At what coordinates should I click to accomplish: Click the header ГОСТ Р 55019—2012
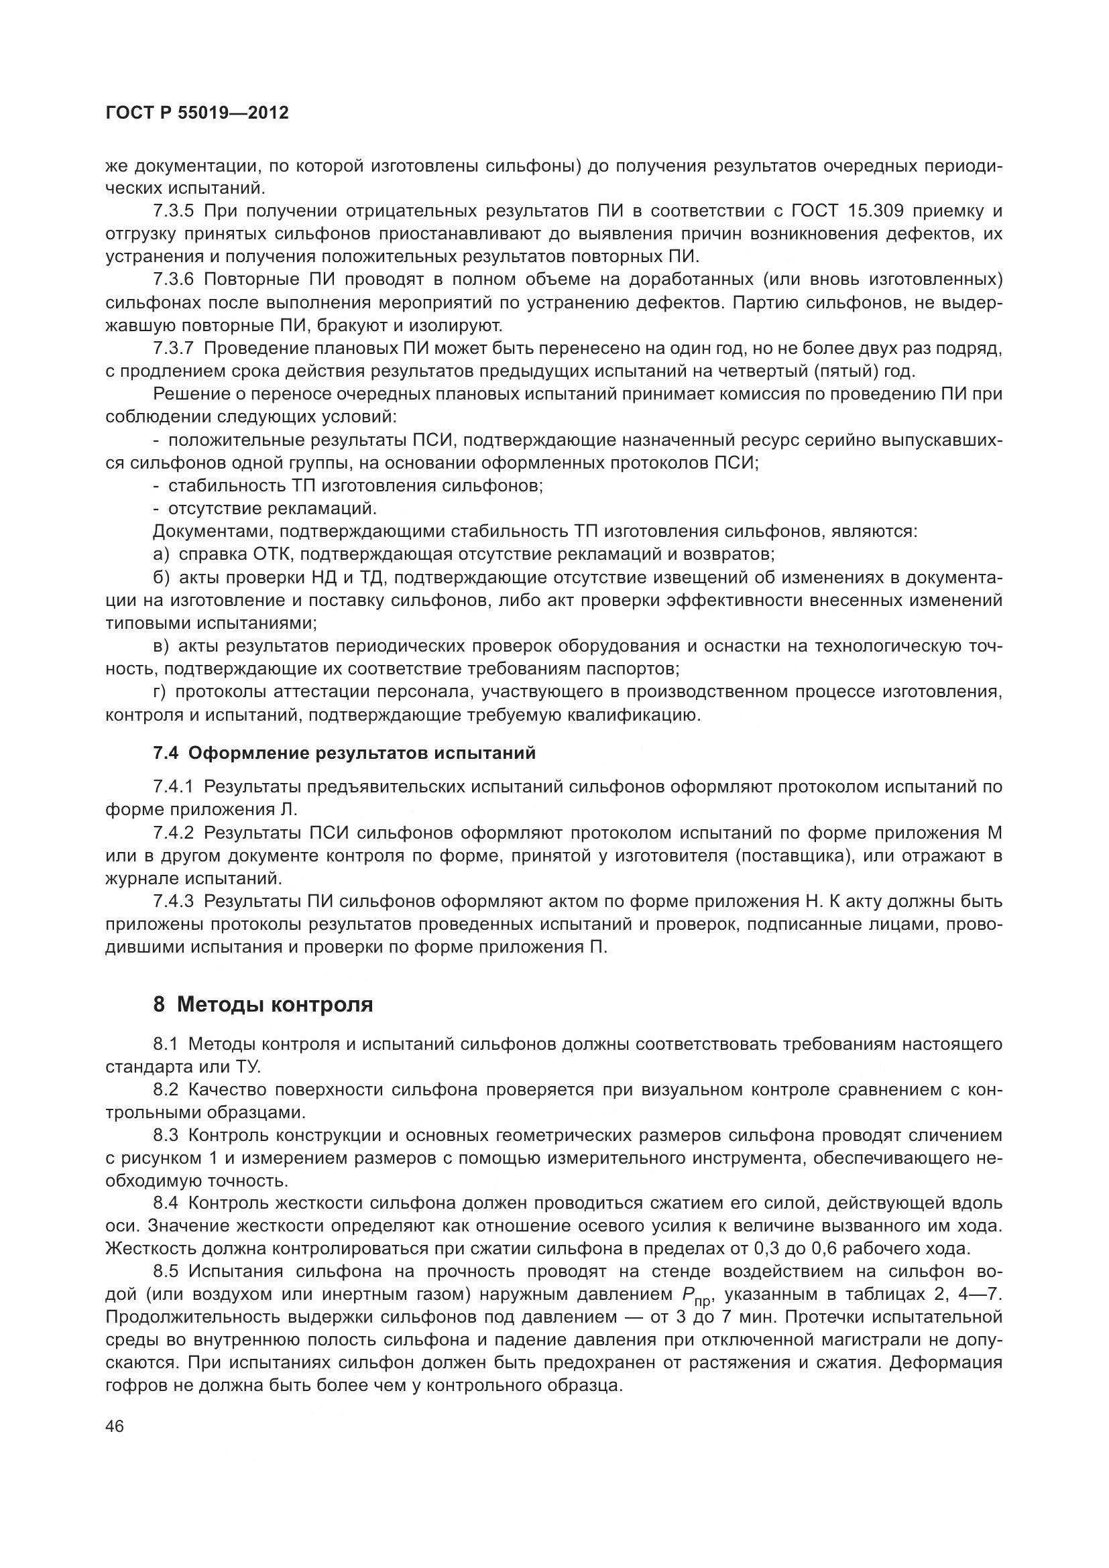(197, 113)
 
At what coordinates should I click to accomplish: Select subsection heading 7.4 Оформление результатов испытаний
(344, 753)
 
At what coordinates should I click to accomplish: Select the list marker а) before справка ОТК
(161, 554)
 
